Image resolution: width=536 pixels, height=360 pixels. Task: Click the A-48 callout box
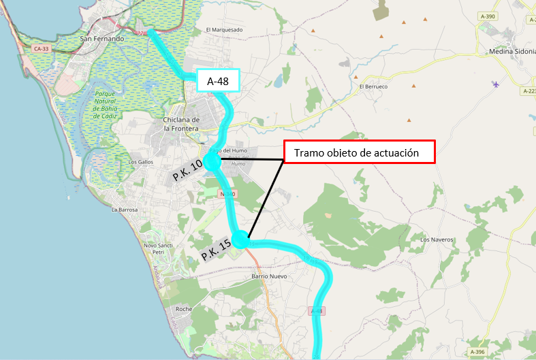coord(217,81)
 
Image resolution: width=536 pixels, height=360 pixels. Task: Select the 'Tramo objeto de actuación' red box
coord(359,152)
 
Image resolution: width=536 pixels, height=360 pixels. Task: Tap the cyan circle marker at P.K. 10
coord(212,163)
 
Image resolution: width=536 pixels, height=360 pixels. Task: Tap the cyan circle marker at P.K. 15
coord(241,240)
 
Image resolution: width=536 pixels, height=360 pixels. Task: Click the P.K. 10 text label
coord(187,170)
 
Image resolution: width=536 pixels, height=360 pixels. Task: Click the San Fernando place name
coord(102,39)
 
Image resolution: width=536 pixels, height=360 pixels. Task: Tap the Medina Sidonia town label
coord(512,52)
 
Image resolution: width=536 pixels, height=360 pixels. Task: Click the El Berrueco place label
coord(373,87)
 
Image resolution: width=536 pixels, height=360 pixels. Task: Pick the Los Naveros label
coord(436,240)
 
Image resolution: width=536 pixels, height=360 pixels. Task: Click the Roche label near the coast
coord(184,309)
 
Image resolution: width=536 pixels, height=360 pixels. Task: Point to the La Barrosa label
coord(125,210)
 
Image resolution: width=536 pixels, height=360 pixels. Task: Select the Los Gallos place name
coord(141,163)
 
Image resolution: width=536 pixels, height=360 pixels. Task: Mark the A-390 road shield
coord(488,16)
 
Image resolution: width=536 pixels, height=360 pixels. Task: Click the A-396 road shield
coord(478,351)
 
